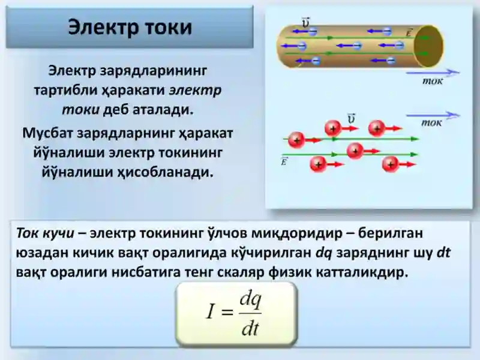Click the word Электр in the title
(100, 28)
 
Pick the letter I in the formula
(211, 311)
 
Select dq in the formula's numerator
(250, 299)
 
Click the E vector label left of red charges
(284, 161)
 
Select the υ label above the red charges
(352, 118)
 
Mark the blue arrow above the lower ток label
(433, 115)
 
